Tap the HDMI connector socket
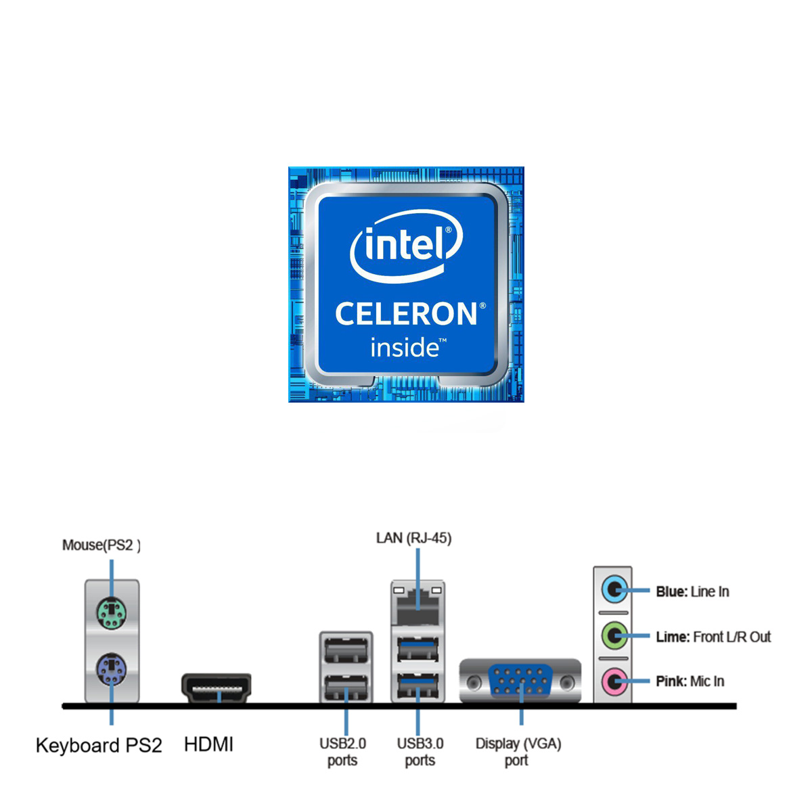point(217,688)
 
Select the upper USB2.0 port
point(346,651)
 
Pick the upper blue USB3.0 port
point(418,650)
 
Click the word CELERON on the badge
point(406,314)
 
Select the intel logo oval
point(406,245)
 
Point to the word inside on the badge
point(405,347)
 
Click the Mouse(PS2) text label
point(101,545)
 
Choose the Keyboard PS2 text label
point(99,745)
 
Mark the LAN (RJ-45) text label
point(413,538)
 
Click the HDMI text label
point(208,744)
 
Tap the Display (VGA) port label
point(518,751)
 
